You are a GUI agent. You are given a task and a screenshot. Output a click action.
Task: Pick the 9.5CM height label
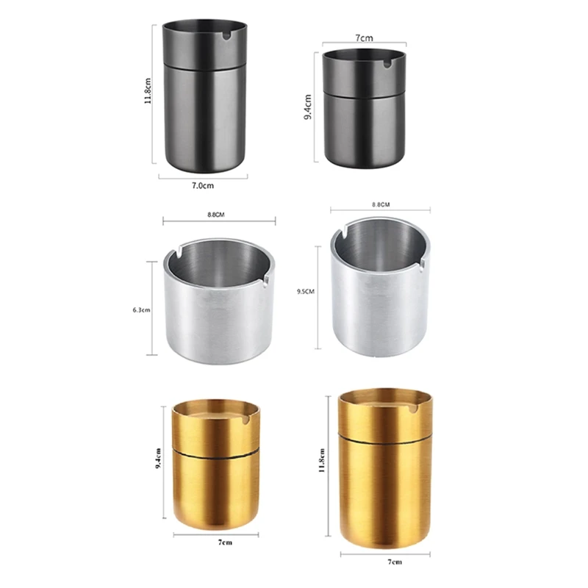306,291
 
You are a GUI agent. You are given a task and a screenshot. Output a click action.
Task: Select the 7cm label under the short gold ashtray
216,542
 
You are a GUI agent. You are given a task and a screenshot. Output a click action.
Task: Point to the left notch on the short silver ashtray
173,256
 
